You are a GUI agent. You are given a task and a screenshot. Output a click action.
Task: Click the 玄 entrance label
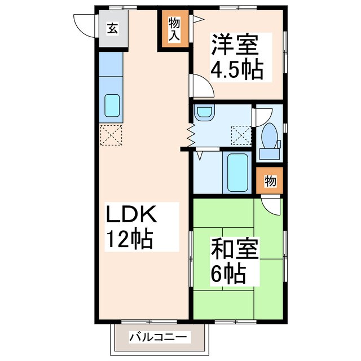[113, 28]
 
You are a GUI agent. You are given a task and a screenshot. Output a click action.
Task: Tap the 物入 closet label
[173, 30]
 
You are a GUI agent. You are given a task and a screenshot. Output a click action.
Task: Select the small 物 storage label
[270, 182]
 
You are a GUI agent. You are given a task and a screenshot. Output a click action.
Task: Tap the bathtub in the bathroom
[237, 171]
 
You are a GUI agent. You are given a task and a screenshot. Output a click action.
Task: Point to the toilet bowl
[269, 135]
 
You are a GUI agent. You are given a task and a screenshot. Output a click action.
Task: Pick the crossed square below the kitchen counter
[111, 135]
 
